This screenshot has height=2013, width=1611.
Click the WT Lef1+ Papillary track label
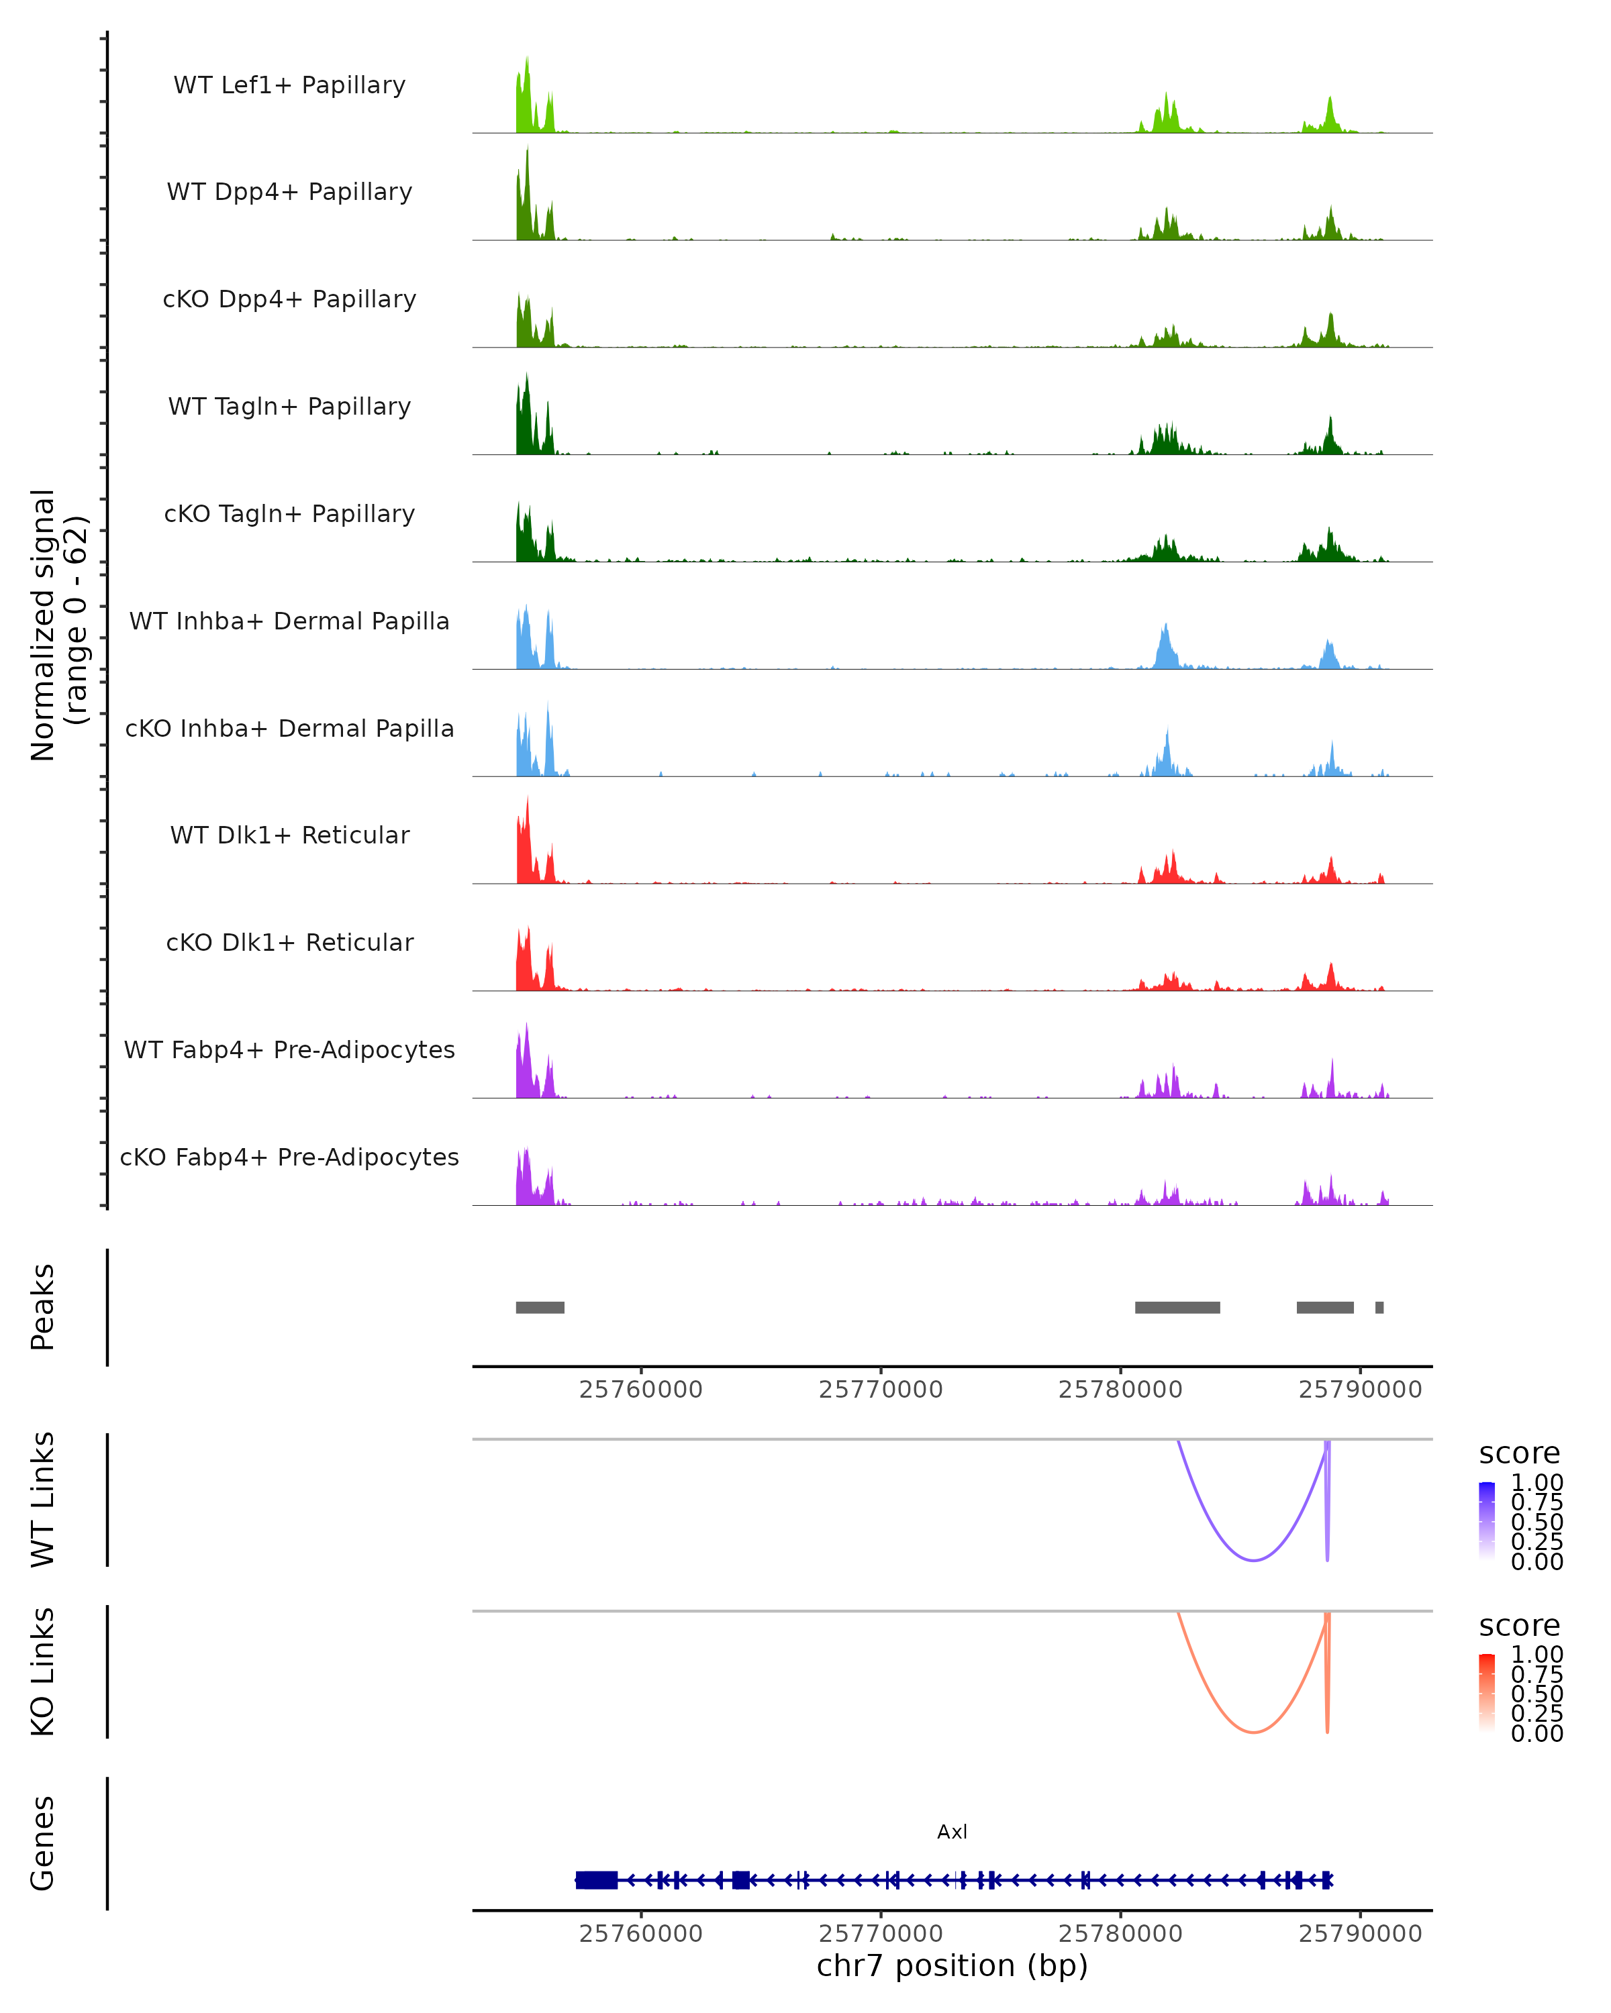click(x=289, y=85)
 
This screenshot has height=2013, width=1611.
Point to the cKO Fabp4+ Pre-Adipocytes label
click(x=289, y=1157)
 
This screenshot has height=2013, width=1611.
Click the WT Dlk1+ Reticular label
click(x=289, y=835)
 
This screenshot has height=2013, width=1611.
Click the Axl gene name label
click(x=952, y=1832)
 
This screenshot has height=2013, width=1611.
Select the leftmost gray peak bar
click(x=540, y=1307)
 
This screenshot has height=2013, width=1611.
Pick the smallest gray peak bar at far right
click(x=1379, y=1307)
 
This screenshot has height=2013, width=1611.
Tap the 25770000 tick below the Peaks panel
click(x=881, y=1390)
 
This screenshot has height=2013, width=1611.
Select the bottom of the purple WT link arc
click(x=1253, y=1560)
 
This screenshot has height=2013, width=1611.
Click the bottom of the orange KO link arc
click(x=1253, y=1732)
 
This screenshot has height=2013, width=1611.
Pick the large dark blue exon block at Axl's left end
click(x=597, y=1879)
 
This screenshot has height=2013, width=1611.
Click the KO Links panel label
click(x=43, y=1671)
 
